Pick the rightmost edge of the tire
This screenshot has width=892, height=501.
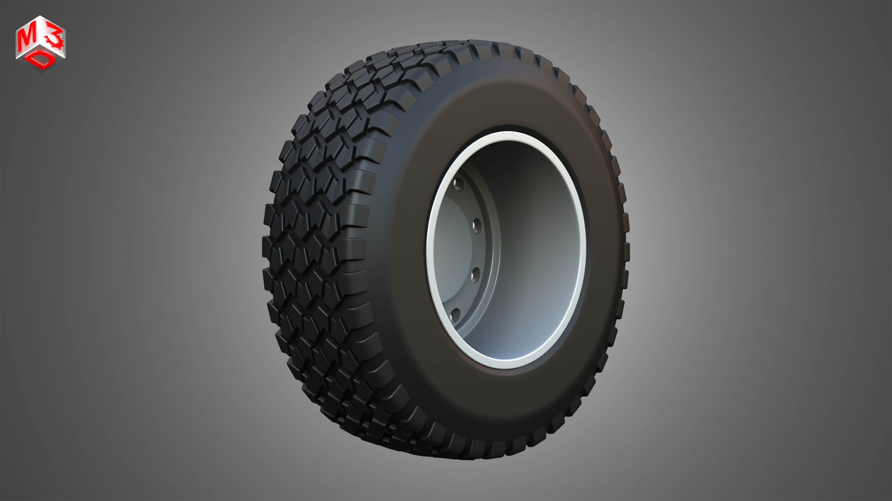tap(629, 249)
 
